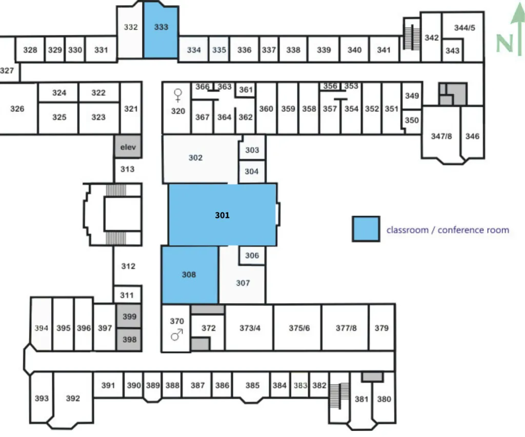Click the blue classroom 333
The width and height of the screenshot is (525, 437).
[x=160, y=32]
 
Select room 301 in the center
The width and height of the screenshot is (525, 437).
[x=223, y=214]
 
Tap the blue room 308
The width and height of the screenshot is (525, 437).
[x=190, y=274]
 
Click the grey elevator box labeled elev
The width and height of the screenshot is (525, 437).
[x=128, y=147]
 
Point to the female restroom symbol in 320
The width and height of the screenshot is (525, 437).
[x=178, y=95]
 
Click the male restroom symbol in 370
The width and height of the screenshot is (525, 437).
[x=177, y=334]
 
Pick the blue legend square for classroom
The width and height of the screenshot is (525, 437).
[x=366, y=229]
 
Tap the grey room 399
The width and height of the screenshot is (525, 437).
[x=129, y=316]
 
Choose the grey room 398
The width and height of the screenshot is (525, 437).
[x=129, y=340]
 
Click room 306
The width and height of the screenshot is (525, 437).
[x=252, y=255]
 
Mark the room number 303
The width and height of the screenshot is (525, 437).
[x=252, y=150]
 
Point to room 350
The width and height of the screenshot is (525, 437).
[x=412, y=120]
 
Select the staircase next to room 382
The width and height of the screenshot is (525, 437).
[x=340, y=395]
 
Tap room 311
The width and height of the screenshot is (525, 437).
[x=127, y=295]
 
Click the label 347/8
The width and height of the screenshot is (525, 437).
[x=441, y=136]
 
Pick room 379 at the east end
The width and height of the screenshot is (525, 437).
[x=381, y=328]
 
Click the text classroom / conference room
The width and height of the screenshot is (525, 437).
[x=448, y=230]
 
